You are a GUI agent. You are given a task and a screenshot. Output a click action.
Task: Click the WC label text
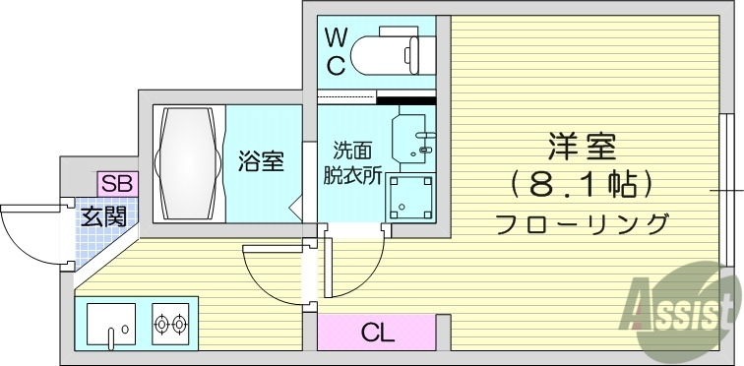click(337, 52)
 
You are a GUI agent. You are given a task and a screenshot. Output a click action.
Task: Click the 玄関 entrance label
click(103, 215)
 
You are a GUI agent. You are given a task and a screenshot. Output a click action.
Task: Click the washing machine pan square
click(409, 198)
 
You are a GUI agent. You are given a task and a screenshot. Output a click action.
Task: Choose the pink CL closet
click(376, 333)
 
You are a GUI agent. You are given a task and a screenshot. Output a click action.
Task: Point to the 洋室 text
click(582, 148)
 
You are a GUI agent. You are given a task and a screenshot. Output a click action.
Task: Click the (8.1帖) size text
click(582, 184)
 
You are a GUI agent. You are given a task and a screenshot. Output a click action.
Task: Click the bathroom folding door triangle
click(295, 208)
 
